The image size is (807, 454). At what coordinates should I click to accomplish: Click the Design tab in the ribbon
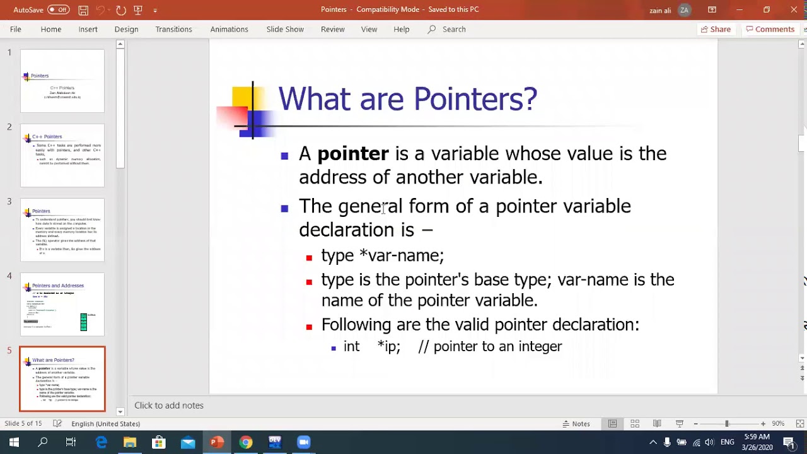click(126, 29)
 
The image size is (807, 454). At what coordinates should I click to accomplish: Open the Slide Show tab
click(285, 29)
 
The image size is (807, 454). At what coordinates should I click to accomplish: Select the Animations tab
click(229, 29)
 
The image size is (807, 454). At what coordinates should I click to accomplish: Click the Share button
click(715, 29)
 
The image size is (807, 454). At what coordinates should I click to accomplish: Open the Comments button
click(770, 29)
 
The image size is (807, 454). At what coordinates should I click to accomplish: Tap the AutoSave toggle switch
click(59, 9)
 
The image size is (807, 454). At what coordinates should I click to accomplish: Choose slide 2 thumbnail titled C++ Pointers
click(62, 155)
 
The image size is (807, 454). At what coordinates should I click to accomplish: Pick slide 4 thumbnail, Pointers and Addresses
click(62, 305)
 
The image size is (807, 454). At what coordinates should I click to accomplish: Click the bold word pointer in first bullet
click(352, 154)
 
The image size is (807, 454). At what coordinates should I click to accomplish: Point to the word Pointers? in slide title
click(475, 99)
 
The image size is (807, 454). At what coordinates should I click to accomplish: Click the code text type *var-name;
click(382, 255)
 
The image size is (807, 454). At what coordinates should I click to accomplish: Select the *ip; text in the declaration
click(388, 347)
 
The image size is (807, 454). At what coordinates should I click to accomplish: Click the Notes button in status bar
click(576, 424)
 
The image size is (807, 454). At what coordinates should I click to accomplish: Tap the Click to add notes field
click(169, 405)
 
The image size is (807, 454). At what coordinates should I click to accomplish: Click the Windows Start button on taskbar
click(14, 442)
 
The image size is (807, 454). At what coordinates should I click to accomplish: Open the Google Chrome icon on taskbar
click(246, 442)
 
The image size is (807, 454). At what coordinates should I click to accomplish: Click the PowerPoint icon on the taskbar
click(217, 442)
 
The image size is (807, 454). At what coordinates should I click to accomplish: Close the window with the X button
click(793, 9)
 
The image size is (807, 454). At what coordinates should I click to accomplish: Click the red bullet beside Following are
click(309, 327)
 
